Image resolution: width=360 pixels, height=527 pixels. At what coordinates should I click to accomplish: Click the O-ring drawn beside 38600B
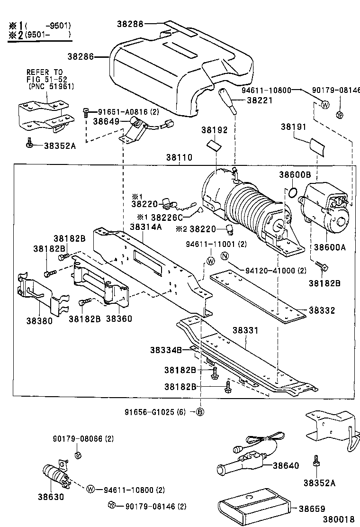coord(292,192)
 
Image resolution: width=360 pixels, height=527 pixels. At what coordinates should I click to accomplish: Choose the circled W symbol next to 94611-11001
coord(211,260)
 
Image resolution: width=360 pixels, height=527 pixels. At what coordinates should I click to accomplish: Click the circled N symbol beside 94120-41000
coord(225,257)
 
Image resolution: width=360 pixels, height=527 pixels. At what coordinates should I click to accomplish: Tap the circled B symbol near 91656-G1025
coord(200,411)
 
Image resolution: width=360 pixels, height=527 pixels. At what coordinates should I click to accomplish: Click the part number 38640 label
coord(286,465)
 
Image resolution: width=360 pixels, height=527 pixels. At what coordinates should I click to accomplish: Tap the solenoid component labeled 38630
coord(54,474)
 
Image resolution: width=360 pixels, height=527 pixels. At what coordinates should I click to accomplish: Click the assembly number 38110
coord(179,157)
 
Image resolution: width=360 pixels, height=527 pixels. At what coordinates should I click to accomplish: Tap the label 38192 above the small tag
coord(214,129)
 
